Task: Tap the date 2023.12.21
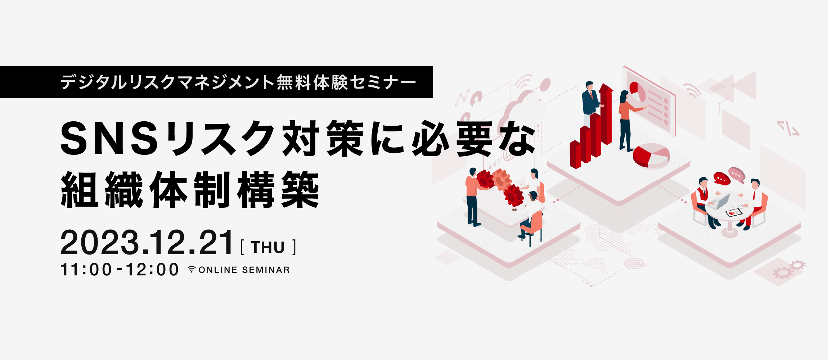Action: coord(147,243)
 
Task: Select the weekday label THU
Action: coord(268,247)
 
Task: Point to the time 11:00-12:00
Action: coord(120,270)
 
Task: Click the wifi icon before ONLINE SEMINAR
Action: coord(192,269)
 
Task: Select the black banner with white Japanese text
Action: coord(216,82)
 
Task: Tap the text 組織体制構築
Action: coord(190,189)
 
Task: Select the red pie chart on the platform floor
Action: coord(651,156)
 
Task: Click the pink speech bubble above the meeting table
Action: coord(737,175)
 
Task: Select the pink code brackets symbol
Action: coord(788,128)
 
